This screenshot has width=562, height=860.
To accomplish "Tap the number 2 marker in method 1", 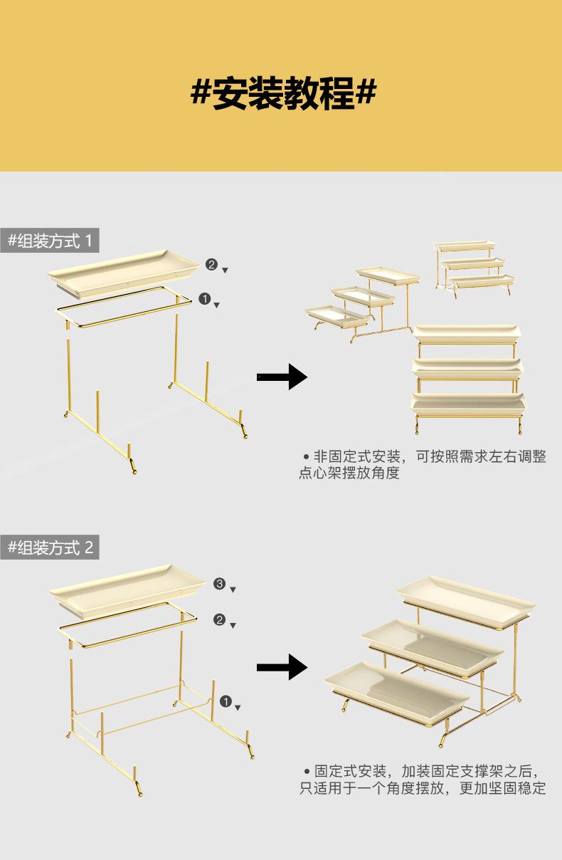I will tap(211, 264).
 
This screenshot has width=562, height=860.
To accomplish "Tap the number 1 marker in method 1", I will tap(205, 299).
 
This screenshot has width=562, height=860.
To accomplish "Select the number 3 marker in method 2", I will tap(220, 584).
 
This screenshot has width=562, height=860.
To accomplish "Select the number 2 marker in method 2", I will tap(220, 620).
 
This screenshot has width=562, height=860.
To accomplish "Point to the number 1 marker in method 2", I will tap(226, 702).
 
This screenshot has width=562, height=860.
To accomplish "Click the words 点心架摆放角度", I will tap(349, 473).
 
